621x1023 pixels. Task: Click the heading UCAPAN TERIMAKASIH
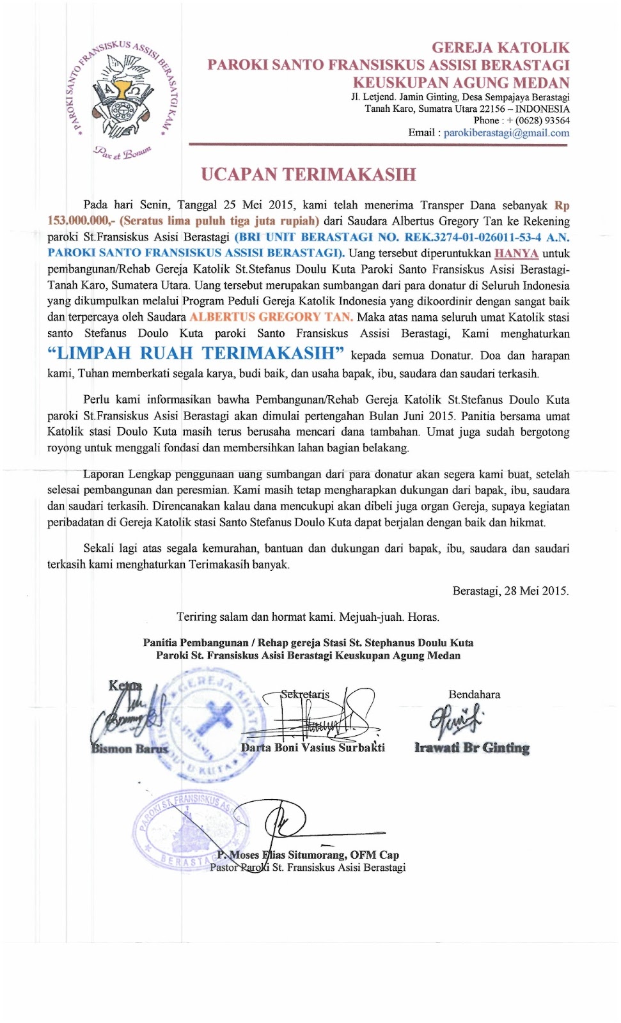308,175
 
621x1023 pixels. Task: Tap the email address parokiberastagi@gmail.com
506,133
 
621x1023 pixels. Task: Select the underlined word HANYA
516,253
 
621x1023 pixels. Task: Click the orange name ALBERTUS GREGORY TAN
271,317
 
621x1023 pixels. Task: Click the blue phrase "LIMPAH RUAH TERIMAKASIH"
196,354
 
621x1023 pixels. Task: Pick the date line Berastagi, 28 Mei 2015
510,591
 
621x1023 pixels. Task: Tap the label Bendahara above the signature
474,694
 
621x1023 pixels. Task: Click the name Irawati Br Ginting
472,747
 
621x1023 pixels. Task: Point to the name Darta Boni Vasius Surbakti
313,747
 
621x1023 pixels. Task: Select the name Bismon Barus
130,749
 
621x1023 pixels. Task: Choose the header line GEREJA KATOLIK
500,48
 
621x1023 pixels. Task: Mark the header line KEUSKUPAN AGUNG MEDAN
460,83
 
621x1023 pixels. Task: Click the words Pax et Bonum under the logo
122,152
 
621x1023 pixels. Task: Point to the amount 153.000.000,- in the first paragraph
81,221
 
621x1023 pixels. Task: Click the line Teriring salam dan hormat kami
308,617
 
